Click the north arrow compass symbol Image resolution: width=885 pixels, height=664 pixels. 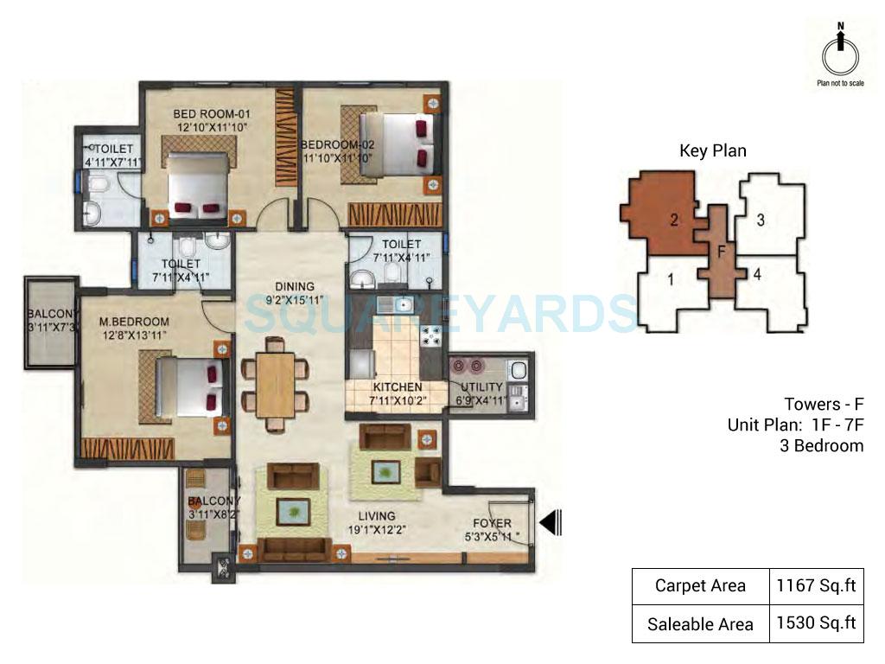[x=840, y=54]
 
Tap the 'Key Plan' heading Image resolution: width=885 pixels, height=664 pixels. [x=712, y=150]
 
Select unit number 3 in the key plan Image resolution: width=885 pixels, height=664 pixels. [x=760, y=220]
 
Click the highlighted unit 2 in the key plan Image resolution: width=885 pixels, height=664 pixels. [x=672, y=219]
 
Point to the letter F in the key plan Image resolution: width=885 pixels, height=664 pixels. [x=718, y=252]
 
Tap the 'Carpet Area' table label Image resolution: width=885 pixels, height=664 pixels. [x=700, y=585]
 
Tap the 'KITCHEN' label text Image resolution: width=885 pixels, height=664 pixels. [x=397, y=387]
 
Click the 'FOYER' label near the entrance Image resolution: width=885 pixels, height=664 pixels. [x=492, y=523]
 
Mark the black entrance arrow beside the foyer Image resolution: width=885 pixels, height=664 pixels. [x=551, y=521]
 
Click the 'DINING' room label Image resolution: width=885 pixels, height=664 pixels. [x=295, y=287]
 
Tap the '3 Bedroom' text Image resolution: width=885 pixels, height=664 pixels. [x=822, y=445]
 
